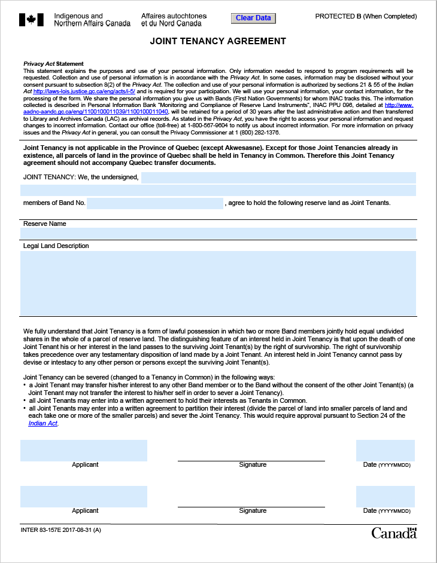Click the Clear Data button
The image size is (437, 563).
point(253,18)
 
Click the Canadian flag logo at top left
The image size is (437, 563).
point(31,20)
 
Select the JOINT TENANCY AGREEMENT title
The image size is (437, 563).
point(218,41)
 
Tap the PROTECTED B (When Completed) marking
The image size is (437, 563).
point(366,16)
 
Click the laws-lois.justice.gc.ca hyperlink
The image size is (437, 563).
point(84,91)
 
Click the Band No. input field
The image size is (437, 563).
point(155,203)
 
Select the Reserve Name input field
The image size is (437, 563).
point(218,233)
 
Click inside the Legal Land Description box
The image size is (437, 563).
point(218,283)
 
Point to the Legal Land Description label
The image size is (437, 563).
point(56,246)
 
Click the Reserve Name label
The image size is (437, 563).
point(44,224)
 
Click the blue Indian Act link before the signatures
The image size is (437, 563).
point(43,423)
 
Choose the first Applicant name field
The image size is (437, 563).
point(84,450)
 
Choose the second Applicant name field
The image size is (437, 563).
point(84,497)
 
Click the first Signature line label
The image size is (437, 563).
point(253,464)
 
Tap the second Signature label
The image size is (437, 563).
point(253,510)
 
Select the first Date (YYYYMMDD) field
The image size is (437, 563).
point(386,450)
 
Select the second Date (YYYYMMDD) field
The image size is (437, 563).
point(386,497)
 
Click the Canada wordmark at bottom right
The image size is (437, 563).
point(393,533)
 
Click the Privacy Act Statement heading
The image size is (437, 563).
point(53,64)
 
